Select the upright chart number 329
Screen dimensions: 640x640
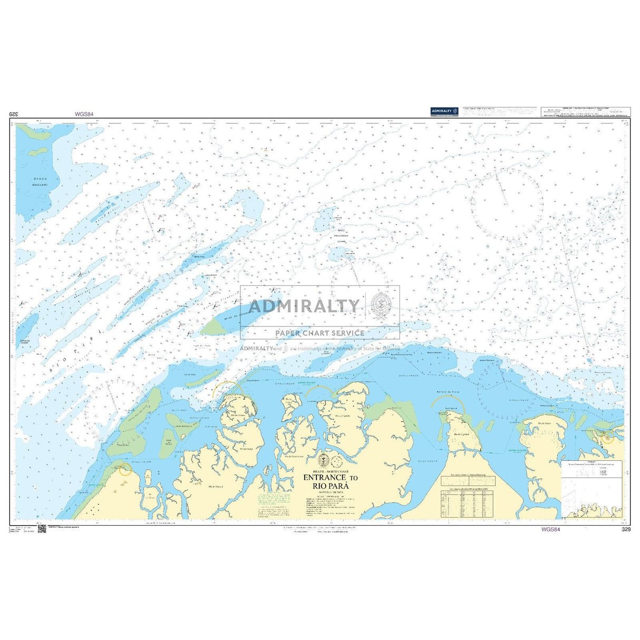(626, 529)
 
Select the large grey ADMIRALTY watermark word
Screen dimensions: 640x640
(304, 306)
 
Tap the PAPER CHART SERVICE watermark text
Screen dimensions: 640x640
(319, 333)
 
